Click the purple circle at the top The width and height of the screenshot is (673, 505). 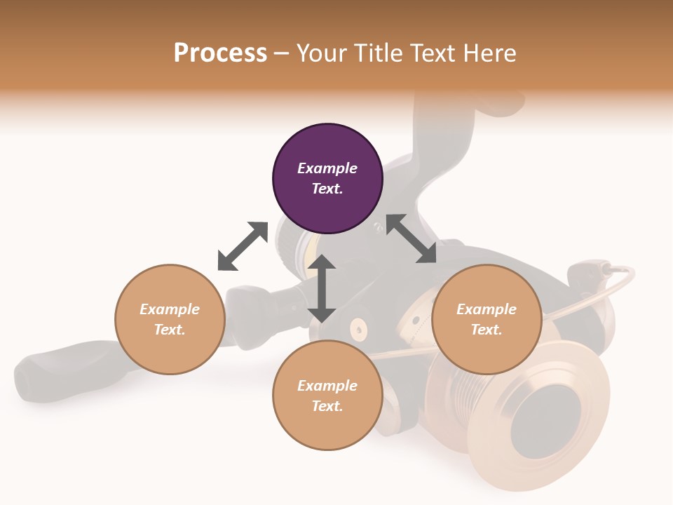pos(327,179)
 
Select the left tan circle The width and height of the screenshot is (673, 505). pos(170,319)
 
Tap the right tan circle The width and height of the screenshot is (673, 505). pos(487,319)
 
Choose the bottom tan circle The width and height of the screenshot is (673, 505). pos(327,395)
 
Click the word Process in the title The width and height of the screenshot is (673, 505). pos(220,53)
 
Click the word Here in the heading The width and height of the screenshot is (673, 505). pos(489,53)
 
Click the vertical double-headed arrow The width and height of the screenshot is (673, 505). pos(322,288)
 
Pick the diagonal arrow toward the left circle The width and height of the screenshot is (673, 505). pos(243,246)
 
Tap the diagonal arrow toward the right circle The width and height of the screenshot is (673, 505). pos(412,238)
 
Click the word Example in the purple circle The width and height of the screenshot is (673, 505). pos(327,168)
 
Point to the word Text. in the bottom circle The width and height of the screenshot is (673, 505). pos(327,406)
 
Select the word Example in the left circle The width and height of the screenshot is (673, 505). pos(170,309)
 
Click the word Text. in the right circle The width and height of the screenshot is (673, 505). pos(487,330)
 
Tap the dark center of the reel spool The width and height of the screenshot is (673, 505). pos(545,422)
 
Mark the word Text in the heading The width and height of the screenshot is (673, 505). pos(433,53)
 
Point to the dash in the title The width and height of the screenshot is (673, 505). pos(282,54)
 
